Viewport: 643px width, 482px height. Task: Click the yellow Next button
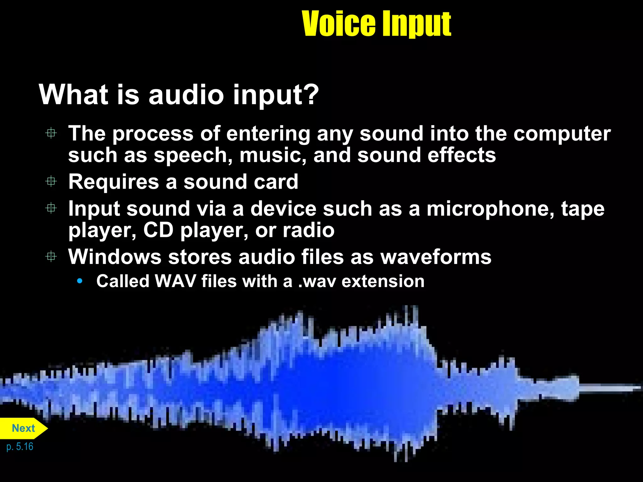tap(23, 428)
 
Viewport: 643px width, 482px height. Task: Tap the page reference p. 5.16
tap(20, 447)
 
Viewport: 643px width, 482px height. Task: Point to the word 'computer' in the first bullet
tap(562, 134)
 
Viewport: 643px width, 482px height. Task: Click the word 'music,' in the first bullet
tap(273, 155)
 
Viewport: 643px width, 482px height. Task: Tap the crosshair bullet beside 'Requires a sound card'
tap(51, 181)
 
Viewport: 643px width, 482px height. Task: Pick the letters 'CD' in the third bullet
tap(158, 230)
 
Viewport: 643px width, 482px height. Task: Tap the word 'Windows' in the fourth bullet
tap(115, 257)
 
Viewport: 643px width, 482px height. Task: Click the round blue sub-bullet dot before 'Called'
tap(80, 281)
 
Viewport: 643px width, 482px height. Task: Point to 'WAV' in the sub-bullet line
tap(176, 281)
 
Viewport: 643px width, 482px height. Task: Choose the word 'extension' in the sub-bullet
tap(383, 281)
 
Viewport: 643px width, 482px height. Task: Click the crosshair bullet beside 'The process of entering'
tap(51, 133)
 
